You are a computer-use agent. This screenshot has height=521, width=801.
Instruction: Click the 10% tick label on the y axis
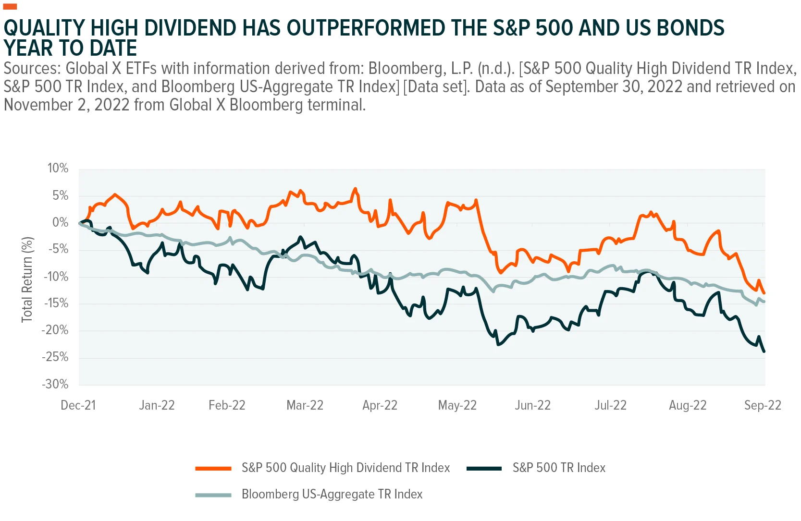tap(58, 168)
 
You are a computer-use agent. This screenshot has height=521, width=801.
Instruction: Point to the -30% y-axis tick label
tap(55, 384)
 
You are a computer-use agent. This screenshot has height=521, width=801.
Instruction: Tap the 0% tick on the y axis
tap(61, 222)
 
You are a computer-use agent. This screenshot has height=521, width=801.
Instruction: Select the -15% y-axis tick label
tap(56, 303)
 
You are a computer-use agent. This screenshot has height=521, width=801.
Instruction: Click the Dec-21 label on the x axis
tap(78, 405)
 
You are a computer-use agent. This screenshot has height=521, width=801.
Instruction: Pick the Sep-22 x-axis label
tap(763, 405)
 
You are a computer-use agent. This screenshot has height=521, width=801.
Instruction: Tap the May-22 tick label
tap(457, 405)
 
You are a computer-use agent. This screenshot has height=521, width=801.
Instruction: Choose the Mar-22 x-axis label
tap(305, 405)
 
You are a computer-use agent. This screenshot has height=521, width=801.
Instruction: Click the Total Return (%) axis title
tap(27, 279)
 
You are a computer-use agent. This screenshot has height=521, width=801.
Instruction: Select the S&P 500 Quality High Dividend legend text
tap(346, 468)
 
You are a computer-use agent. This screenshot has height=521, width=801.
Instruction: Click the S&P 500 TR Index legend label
tap(559, 468)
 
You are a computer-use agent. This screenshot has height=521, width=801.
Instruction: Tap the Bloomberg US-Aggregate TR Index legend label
tap(332, 494)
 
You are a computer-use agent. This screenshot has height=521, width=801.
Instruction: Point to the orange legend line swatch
tap(213, 469)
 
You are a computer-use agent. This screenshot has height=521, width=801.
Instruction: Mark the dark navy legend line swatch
tap(484, 469)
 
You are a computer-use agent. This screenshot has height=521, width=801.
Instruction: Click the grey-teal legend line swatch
tap(213, 495)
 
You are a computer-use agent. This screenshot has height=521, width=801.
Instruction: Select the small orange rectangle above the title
tap(10, 6)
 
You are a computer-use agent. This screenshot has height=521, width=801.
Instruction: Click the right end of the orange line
tap(764, 293)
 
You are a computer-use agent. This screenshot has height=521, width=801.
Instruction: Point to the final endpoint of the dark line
tap(764, 351)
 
